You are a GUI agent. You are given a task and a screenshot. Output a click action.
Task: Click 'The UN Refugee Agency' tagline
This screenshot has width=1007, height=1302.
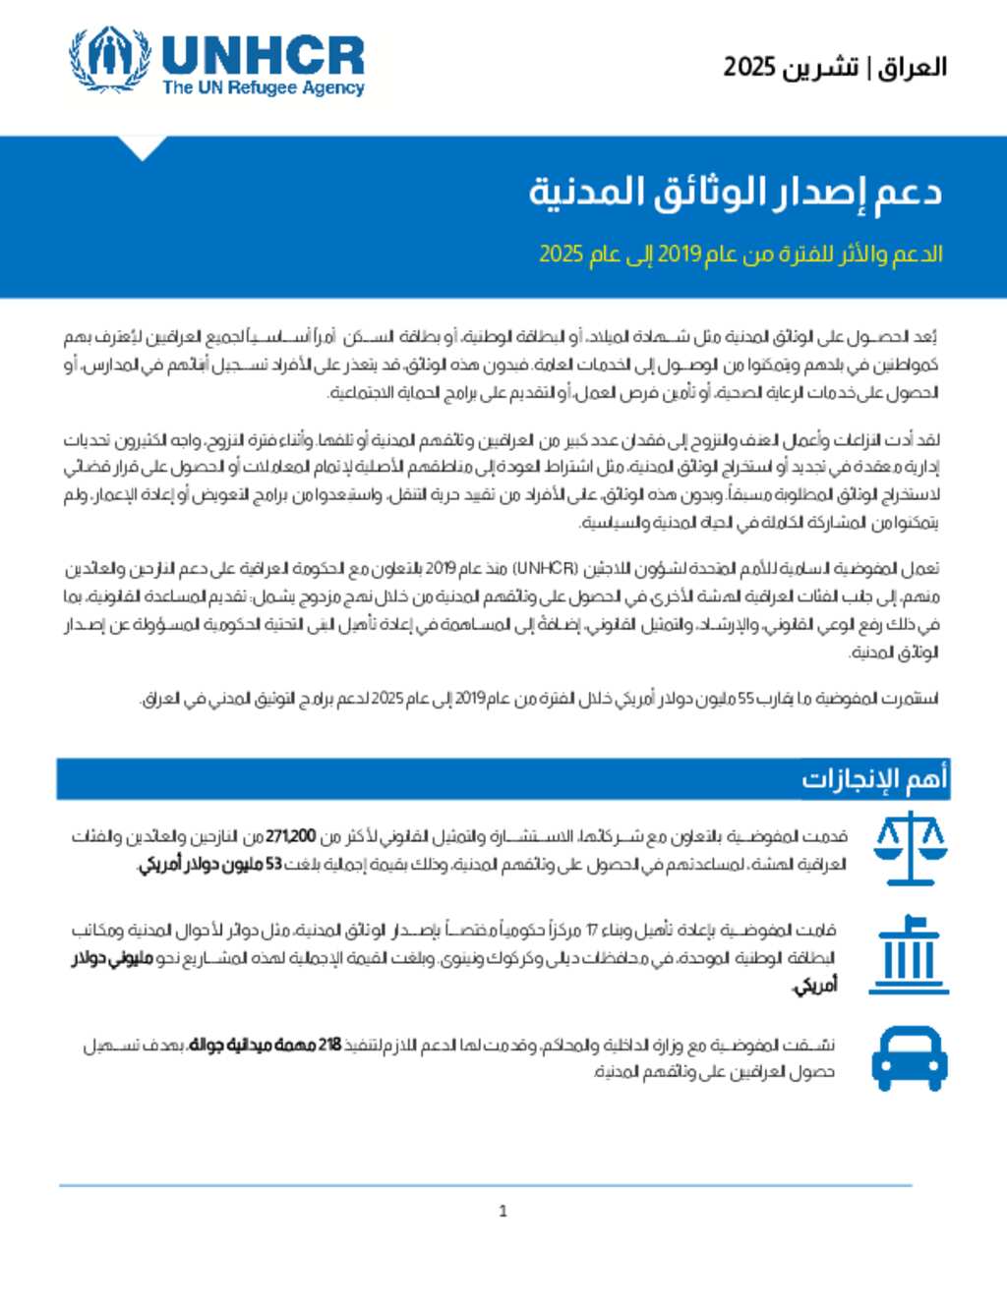263,87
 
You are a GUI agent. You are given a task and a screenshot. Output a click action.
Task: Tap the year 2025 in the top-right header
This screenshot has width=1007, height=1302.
749,67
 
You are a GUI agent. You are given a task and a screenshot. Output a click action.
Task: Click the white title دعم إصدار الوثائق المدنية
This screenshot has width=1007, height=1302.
735,191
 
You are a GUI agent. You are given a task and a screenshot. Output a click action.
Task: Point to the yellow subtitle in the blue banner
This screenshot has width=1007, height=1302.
740,254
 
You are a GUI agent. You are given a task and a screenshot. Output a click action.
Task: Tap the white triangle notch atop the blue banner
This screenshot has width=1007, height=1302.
143,147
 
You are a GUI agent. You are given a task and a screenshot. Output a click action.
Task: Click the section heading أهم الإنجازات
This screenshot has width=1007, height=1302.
874,778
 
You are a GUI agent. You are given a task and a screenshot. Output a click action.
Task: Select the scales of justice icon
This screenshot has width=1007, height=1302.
910,847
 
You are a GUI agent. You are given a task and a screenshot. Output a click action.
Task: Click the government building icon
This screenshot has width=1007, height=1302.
910,954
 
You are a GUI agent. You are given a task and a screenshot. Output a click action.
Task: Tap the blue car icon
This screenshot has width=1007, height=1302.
910,1058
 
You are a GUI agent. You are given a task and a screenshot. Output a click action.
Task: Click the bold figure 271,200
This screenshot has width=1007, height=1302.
291,837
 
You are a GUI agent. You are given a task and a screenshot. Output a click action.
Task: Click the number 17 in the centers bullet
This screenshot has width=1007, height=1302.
592,930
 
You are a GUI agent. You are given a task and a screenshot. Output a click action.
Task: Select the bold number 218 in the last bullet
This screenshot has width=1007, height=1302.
329,1045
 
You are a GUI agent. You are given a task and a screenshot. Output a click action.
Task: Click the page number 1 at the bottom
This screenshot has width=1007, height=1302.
503,1211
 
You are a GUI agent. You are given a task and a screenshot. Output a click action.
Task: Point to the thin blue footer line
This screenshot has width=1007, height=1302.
485,1185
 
